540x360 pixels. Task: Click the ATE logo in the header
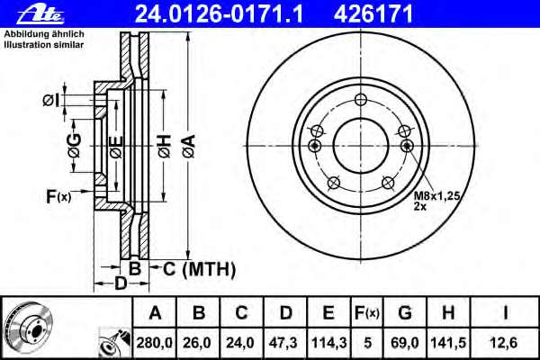pos(40,14)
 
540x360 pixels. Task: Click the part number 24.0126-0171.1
pos(219,14)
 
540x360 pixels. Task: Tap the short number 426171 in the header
pos(373,14)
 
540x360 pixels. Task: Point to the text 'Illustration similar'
pos(44,45)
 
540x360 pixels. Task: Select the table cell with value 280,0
pos(154,343)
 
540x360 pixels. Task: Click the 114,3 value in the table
pos(328,343)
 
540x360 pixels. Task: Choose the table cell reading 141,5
pos(448,343)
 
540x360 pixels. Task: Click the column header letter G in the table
pos(405,313)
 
